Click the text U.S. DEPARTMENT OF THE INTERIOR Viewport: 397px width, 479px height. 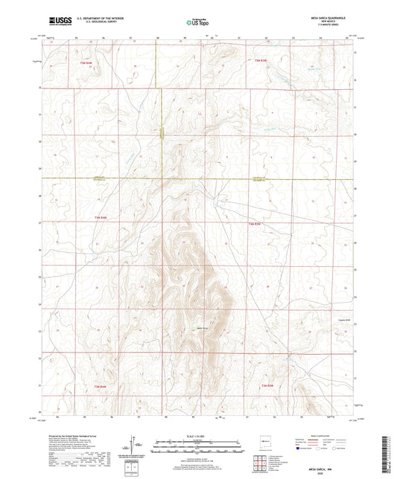91,19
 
